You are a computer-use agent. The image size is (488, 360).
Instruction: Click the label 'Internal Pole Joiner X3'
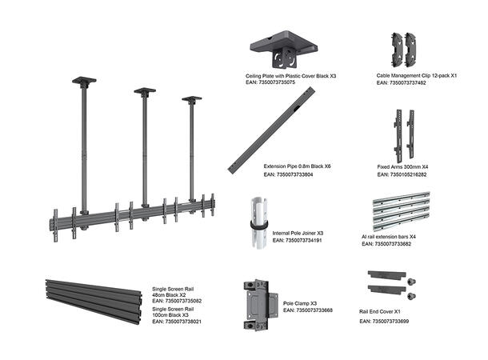pyautogui.click(x=298, y=233)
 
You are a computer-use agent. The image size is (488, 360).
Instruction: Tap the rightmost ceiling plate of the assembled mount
pyautogui.click(x=192, y=99)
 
